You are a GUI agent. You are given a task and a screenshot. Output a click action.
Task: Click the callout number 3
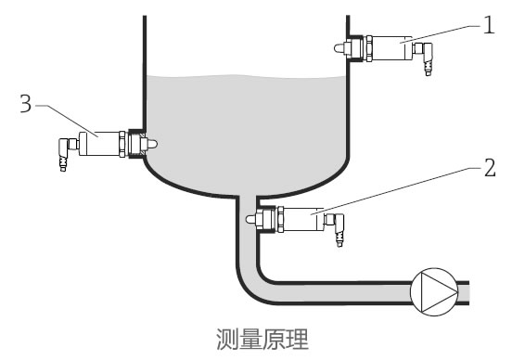[26, 104]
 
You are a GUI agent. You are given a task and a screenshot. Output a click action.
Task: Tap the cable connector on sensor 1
[426, 59]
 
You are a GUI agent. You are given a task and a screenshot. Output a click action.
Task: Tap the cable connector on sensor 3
[65, 156]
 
